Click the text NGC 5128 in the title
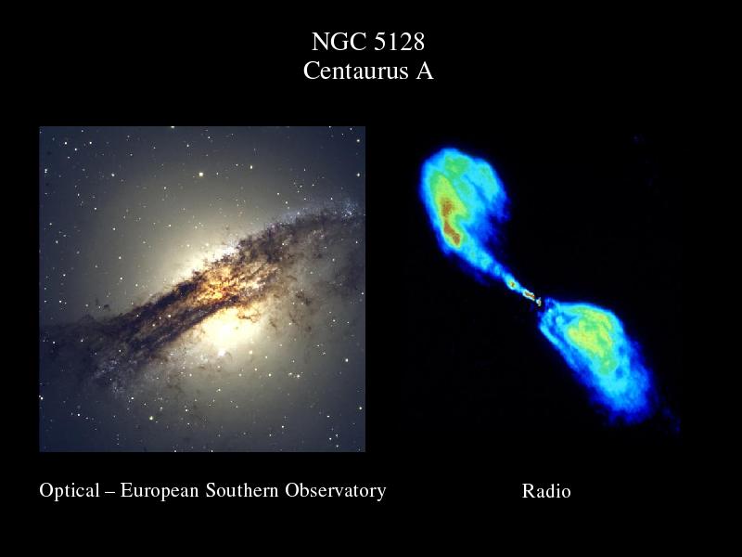[368, 42]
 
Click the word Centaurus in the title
[355, 71]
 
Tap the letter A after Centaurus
[425, 71]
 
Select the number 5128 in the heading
[400, 42]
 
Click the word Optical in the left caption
[70, 491]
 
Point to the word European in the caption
[160, 491]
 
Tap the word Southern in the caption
[242, 490]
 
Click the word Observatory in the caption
[336, 491]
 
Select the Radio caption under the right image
[546, 491]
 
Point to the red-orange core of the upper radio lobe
[451, 221]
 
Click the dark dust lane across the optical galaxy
[203, 293]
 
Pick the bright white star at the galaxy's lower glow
[221, 353]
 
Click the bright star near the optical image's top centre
[201, 175]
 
